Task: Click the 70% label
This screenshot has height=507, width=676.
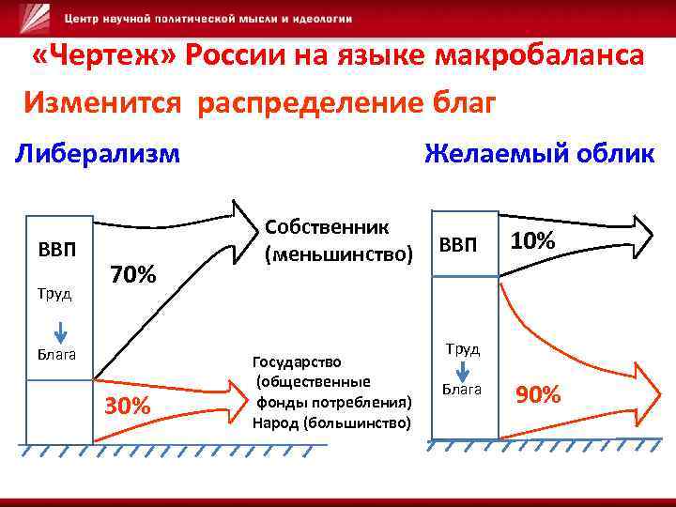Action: click(x=132, y=275)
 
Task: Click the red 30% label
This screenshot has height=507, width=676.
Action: click(x=128, y=406)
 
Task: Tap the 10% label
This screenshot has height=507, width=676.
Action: click(x=532, y=241)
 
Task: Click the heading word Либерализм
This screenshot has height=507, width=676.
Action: click(x=98, y=152)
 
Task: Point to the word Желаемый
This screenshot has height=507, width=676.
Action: click(x=493, y=152)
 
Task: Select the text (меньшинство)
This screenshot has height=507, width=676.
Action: click(x=339, y=253)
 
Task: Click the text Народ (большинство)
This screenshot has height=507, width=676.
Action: click(x=331, y=422)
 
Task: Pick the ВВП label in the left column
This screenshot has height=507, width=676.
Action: click(x=57, y=251)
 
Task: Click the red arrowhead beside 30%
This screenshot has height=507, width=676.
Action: click(x=233, y=387)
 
